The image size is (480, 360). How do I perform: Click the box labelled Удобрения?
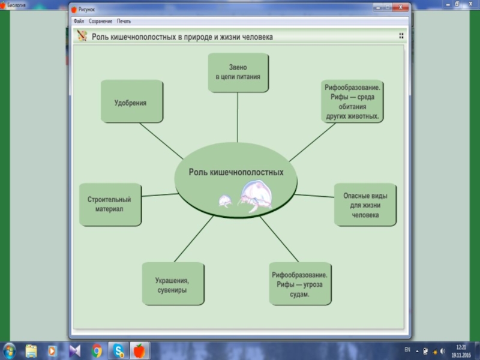click(130, 103)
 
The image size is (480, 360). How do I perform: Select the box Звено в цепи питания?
click(238, 73)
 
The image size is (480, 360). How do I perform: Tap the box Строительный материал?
click(109, 205)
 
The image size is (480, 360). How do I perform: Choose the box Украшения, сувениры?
click(172, 282)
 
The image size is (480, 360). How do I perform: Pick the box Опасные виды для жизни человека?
click(365, 205)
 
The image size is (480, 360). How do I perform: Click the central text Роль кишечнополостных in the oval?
click(236, 172)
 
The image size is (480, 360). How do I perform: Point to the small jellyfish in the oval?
click(225, 201)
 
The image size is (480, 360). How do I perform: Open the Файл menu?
click(79, 21)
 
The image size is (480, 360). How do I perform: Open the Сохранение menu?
click(100, 21)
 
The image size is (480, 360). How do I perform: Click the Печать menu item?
click(124, 21)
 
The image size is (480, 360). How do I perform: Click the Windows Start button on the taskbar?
click(10, 350)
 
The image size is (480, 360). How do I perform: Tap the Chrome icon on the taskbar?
click(97, 350)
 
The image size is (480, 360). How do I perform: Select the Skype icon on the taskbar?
click(118, 350)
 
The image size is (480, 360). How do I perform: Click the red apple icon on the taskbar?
click(139, 350)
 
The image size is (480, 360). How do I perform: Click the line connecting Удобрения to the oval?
click(161, 141)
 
